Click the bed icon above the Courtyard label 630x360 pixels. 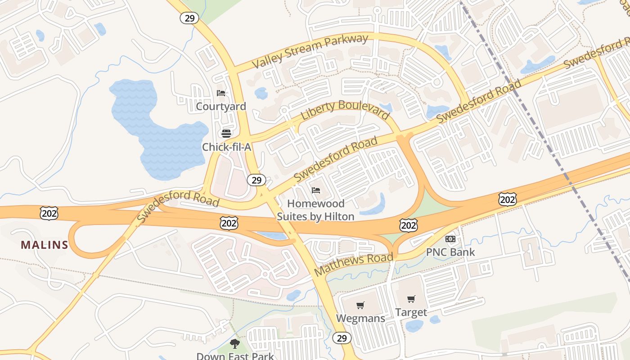(x=221, y=93)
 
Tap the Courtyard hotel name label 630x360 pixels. (x=221, y=107)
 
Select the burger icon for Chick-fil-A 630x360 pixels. (x=226, y=133)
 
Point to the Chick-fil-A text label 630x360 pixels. (x=226, y=147)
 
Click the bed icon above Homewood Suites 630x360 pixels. (x=316, y=190)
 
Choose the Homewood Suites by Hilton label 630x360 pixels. (x=315, y=210)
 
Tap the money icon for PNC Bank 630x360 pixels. (x=450, y=238)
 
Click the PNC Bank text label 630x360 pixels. (x=450, y=252)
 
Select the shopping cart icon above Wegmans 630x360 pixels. (x=360, y=306)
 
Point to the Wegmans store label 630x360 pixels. (x=360, y=319)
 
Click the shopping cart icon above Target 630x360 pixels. (x=411, y=299)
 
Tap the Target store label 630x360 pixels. (x=411, y=312)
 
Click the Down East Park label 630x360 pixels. (x=235, y=356)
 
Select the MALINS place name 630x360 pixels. (x=45, y=245)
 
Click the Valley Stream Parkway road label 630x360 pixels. (x=310, y=51)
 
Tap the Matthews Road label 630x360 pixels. (x=354, y=265)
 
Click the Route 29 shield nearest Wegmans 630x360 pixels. (x=342, y=338)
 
